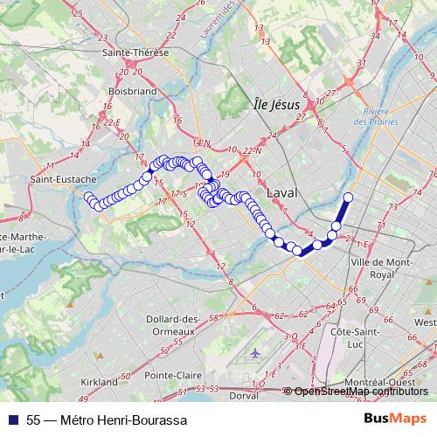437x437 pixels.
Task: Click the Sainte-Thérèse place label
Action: (135, 52)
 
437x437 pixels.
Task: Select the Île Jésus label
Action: (275, 104)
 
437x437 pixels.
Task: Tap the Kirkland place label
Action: (99, 382)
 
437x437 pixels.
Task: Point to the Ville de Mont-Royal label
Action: (380, 267)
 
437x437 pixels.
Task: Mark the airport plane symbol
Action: (254, 353)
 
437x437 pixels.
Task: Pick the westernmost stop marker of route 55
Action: (88, 198)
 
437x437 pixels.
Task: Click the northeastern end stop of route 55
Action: (348, 197)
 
